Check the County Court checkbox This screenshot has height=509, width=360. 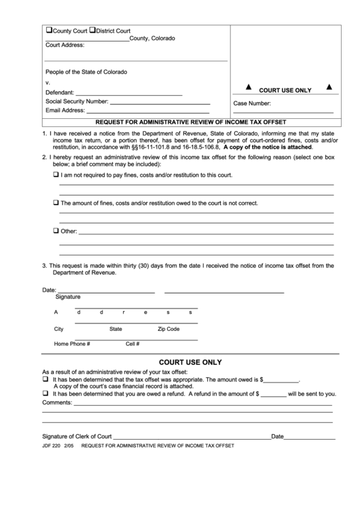(49, 31)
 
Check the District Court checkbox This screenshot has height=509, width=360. (92, 31)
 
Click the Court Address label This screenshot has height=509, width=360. (65, 45)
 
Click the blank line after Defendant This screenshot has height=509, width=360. (128, 92)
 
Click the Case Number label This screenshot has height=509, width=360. (252, 104)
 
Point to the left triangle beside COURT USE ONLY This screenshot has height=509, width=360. (247, 87)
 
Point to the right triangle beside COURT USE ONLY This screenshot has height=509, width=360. (329, 87)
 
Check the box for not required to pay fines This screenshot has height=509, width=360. (56, 175)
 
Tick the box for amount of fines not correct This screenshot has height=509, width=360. (56, 203)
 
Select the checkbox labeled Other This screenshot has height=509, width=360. (56, 231)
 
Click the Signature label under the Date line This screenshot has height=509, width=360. (67, 297)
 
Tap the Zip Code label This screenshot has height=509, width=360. (168, 329)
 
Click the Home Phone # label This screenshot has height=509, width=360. (72, 344)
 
